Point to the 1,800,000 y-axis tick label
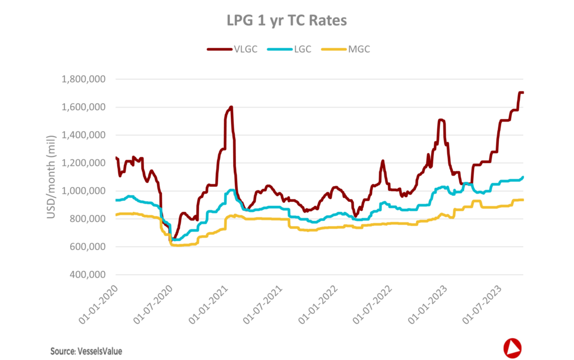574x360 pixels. (81, 79)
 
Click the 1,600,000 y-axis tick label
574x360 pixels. (81, 107)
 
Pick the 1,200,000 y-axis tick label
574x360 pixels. (81, 163)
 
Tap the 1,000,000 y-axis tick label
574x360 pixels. (81, 191)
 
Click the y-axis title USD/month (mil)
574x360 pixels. (51, 177)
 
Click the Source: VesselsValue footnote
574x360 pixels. (86, 351)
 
